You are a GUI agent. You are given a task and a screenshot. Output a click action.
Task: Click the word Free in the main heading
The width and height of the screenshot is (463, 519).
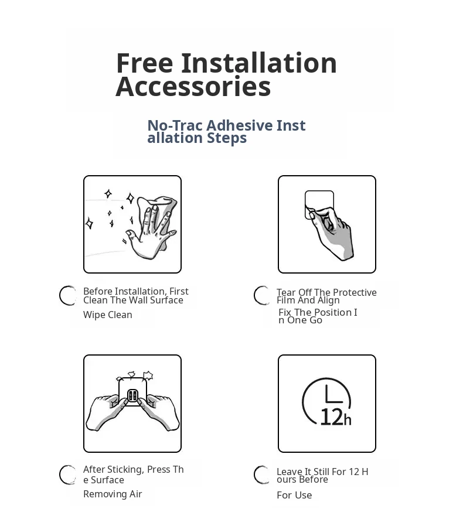[x=144, y=63]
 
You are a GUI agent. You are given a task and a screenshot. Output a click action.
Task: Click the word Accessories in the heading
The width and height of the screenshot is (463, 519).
[x=193, y=87]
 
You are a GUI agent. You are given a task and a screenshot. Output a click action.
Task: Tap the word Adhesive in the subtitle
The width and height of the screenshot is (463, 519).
[x=240, y=125]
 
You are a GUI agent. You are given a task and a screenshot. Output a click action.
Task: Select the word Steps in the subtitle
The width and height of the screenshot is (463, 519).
[x=227, y=138]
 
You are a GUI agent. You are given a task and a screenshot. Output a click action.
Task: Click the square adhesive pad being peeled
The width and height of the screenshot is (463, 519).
[x=319, y=204]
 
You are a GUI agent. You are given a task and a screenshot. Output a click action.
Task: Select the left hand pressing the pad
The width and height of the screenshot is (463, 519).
[x=106, y=412]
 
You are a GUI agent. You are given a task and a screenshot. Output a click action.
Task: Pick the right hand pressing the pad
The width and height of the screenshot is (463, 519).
[x=159, y=412]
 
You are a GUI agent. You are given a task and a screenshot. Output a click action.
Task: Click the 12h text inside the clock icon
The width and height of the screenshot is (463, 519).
[x=336, y=417]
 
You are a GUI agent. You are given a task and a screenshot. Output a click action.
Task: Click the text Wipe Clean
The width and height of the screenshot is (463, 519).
[x=108, y=315]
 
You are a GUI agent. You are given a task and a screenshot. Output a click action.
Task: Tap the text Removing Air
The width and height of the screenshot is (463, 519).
[x=113, y=494]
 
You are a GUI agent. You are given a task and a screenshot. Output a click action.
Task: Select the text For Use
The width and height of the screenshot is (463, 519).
[x=294, y=495]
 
